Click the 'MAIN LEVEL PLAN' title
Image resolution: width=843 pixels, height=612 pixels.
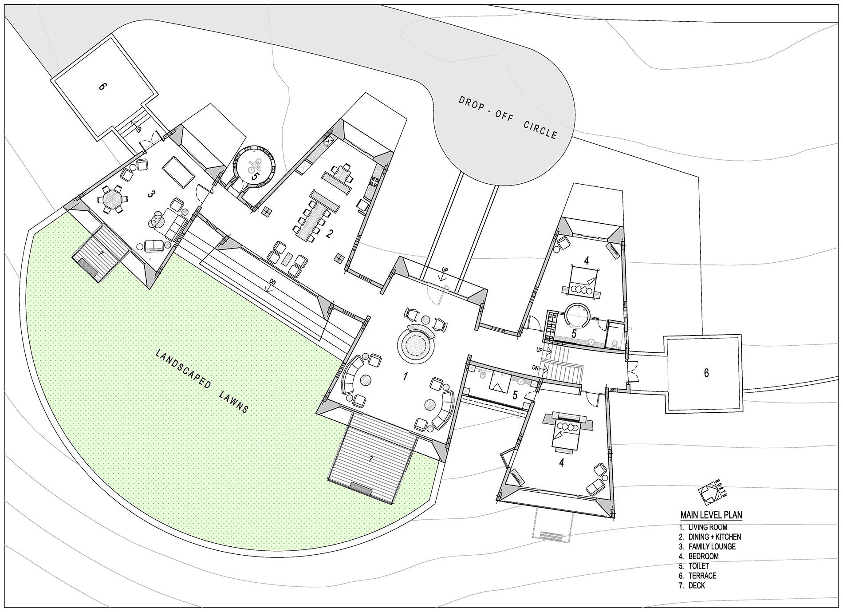point(711,515)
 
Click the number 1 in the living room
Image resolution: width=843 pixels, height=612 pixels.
point(405,377)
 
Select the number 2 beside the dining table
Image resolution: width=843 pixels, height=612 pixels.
point(329,234)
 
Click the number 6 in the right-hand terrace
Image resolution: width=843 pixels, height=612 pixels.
point(706,373)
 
